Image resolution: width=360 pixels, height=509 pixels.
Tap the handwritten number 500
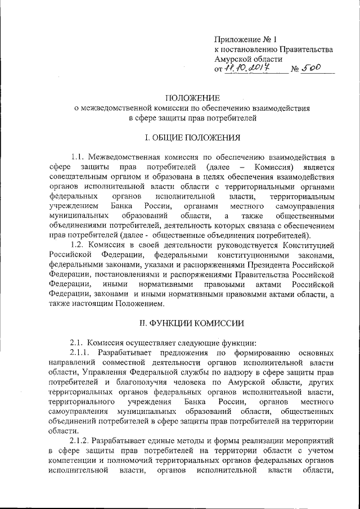pos(309,67)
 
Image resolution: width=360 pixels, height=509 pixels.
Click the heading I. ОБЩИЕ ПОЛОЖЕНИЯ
pos(192,137)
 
